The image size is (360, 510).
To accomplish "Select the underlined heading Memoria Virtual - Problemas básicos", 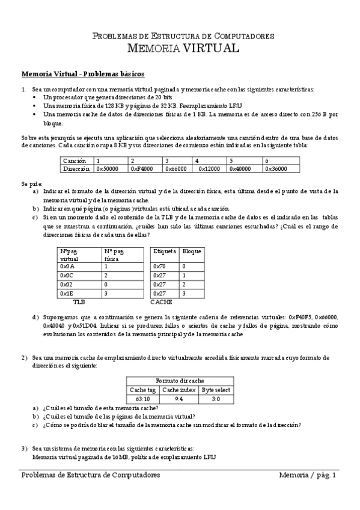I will (x=83, y=75).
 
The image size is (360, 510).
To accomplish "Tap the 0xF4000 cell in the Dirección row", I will (x=142, y=169).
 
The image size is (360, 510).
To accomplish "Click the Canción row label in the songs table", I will (x=75, y=161).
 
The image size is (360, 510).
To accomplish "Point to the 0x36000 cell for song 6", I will (x=276, y=169).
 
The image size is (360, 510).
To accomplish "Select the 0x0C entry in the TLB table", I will (x=67, y=274).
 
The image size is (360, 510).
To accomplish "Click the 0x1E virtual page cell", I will (x=67, y=293).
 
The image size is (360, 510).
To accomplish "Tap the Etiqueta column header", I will (x=165, y=251).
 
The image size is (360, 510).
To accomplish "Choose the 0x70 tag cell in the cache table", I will (x=159, y=265).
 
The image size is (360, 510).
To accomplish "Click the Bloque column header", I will (x=192, y=251).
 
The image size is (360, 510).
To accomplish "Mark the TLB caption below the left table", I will (x=79, y=301).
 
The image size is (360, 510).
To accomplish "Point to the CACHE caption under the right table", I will (x=161, y=301).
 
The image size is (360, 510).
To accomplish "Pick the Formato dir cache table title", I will (x=180, y=381).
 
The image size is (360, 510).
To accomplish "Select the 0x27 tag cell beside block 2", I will (x=159, y=284).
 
